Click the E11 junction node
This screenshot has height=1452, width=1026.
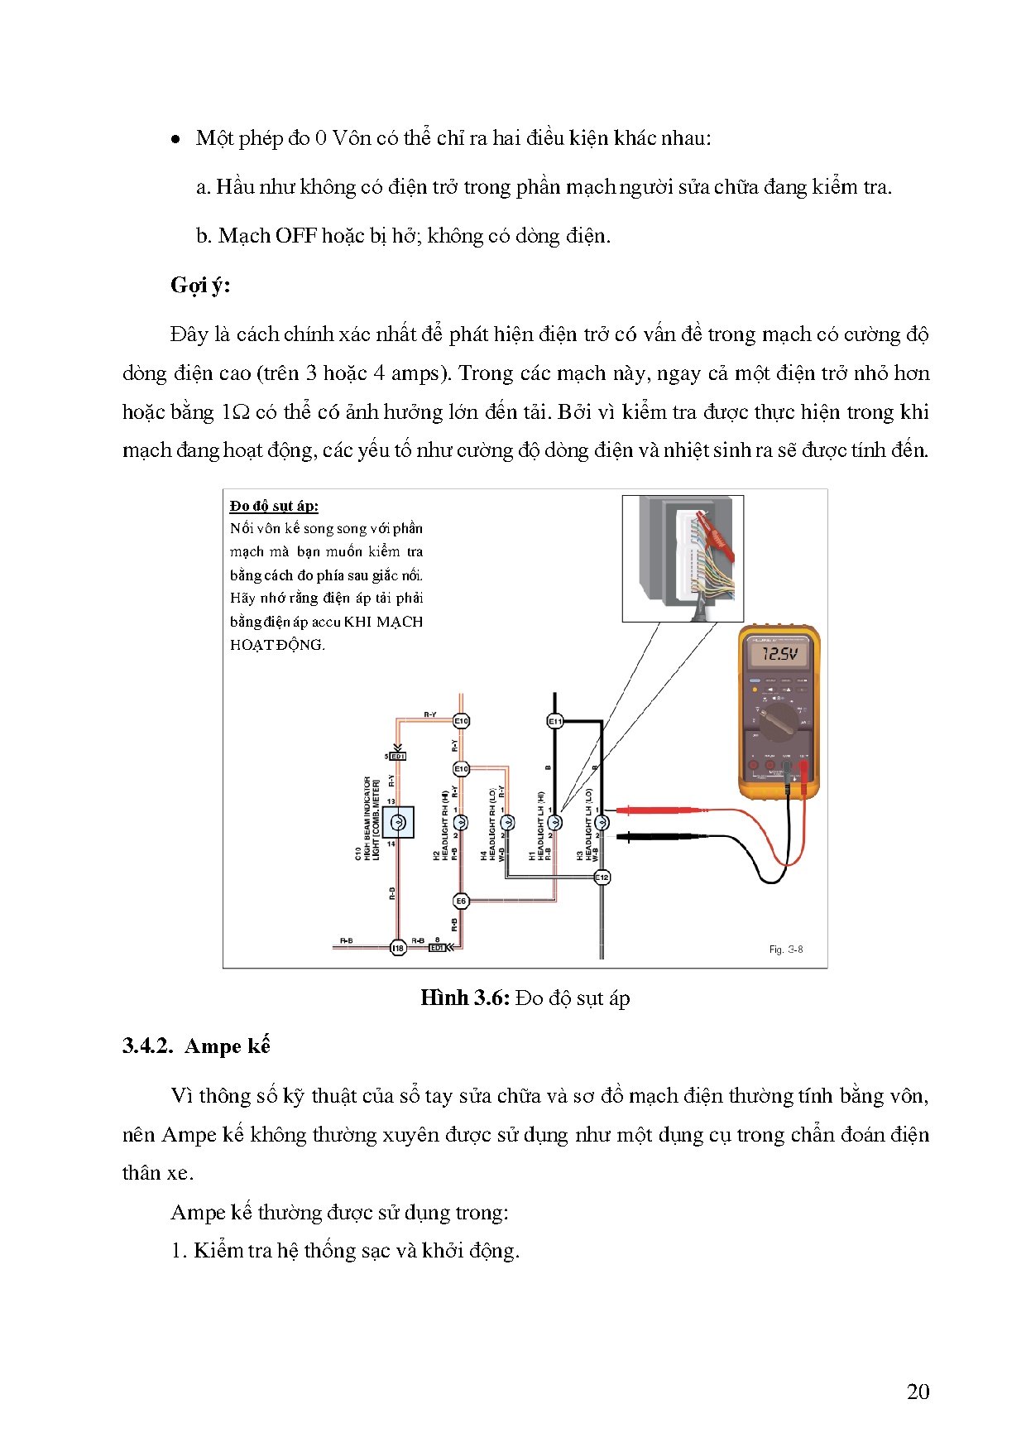(x=555, y=722)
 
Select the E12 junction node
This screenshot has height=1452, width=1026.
(x=602, y=877)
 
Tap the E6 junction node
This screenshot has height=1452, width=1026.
(x=461, y=901)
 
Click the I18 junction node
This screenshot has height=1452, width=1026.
(x=398, y=948)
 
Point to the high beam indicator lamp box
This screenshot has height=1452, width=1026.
(x=398, y=822)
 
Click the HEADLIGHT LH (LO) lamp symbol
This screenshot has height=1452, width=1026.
(x=602, y=822)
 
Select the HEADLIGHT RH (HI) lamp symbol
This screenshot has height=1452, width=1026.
(x=461, y=822)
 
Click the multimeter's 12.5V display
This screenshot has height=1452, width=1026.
(x=779, y=654)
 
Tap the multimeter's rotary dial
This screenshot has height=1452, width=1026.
(x=778, y=727)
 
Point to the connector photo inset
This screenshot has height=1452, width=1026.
(x=683, y=559)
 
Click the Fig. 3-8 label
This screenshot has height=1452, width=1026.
(x=785, y=950)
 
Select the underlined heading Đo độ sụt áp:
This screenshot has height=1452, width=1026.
(x=274, y=506)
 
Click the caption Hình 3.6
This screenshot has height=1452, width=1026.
(x=464, y=998)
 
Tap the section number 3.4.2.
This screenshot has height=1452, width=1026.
(x=147, y=1046)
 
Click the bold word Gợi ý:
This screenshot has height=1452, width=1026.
(x=200, y=286)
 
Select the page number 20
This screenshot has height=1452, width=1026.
(x=918, y=1392)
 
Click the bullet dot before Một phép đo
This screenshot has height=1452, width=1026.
(x=175, y=140)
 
